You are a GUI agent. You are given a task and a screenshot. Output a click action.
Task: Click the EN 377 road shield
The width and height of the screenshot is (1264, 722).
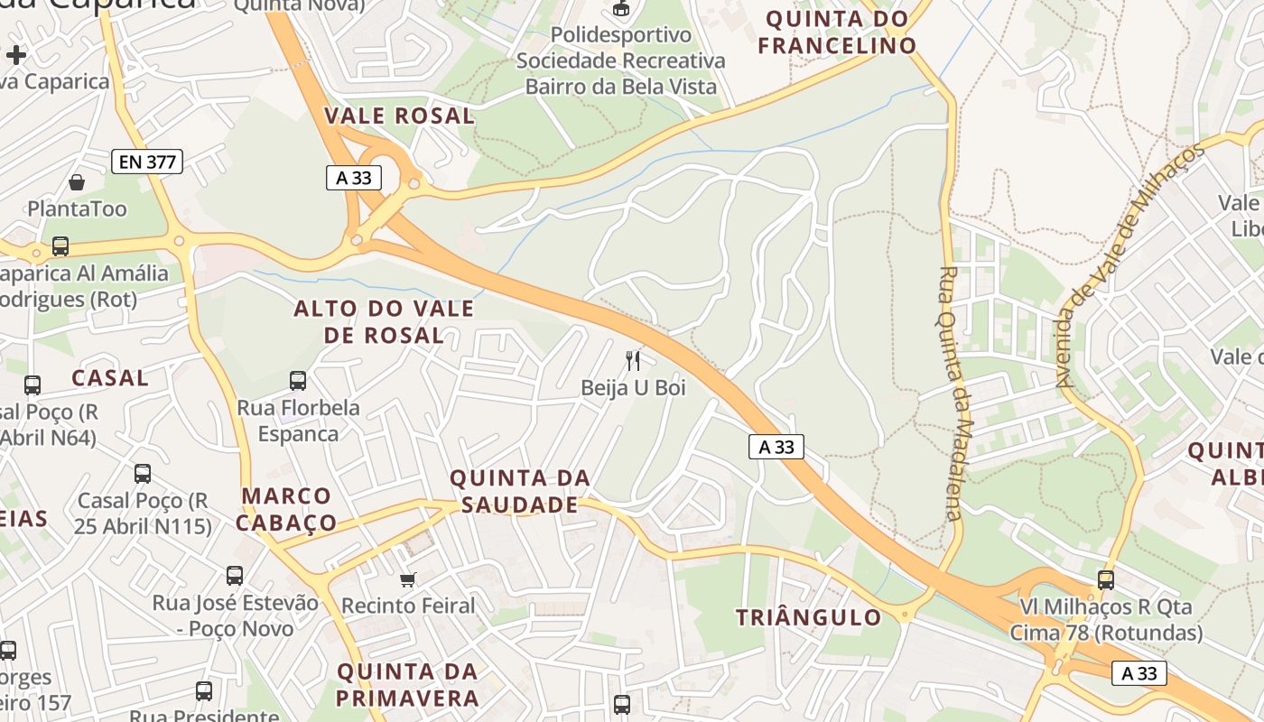point(147,162)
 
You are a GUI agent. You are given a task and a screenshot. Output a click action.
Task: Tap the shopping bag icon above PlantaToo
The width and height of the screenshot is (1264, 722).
point(77,182)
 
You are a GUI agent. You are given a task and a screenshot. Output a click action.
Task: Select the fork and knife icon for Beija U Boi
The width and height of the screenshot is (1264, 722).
point(633,361)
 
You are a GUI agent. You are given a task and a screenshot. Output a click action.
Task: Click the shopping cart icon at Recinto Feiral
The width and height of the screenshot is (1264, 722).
point(408,579)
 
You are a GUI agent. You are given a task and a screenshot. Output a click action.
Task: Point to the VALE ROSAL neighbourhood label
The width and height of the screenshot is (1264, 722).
point(399,116)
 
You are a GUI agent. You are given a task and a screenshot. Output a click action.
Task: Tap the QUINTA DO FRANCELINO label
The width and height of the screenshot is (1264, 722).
point(837,32)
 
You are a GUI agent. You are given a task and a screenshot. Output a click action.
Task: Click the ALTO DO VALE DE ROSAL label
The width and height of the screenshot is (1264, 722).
point(384,322)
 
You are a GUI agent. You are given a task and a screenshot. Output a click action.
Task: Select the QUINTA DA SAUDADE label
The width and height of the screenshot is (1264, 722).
point(519,491)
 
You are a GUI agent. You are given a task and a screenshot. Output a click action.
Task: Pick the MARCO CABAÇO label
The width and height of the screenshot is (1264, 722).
point(289,509)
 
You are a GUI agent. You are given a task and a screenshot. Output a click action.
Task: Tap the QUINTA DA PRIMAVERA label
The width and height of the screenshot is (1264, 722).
point(407,685)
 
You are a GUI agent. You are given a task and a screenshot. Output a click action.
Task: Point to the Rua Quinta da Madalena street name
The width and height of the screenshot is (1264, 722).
point(950,393)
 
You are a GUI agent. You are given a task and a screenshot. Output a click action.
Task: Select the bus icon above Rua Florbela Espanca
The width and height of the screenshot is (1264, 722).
point(298,381)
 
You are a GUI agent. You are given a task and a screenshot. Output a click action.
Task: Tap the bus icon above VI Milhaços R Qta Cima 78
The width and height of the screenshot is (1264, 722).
point(1106,579)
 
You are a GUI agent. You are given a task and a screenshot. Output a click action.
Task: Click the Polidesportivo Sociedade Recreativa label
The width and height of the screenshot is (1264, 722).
point(620,48)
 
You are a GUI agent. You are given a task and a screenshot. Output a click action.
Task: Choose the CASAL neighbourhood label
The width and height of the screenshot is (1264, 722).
point(109,378)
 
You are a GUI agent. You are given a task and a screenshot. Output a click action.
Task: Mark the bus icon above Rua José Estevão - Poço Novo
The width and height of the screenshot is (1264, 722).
point(235,575)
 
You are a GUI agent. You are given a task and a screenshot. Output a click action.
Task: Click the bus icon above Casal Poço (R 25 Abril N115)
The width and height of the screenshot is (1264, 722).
point(143,473)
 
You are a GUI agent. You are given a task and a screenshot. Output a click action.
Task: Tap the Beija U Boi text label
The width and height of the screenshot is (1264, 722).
point(633,388)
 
